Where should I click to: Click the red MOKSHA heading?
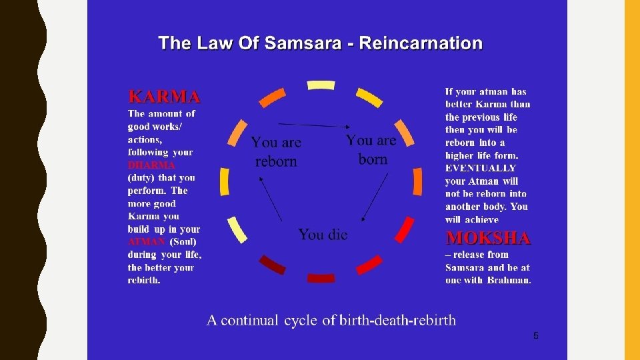tap(488, 238)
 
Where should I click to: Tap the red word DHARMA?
tap(152, 165)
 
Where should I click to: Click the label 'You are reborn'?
tap(276, 152)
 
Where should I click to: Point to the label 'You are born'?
tap(371, 149)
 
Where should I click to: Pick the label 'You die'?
tap(323, 235)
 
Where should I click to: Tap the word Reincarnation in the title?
tap(421, 44)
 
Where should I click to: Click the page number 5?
tap(535, 335)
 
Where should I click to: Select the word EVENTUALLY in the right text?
tap(480, 168)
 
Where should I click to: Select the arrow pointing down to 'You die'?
tap(374, 197)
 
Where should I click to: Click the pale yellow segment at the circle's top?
tap(321, 85)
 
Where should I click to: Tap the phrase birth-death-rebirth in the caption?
tap(397, 321)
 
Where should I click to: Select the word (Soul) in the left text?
tap(183, 241)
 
